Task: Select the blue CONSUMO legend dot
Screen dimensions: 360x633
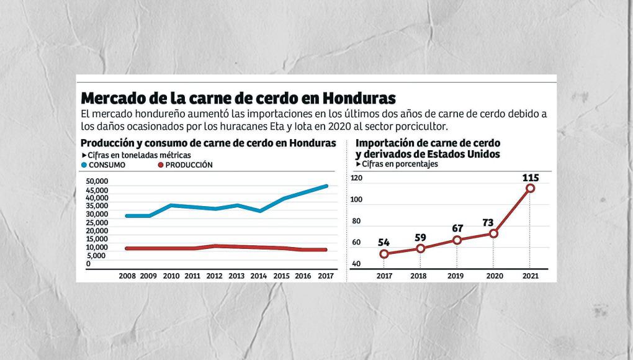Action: point(84,165)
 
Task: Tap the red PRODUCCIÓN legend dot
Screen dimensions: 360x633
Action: point(160,165)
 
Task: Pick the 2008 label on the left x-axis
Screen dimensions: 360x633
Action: point(128,276)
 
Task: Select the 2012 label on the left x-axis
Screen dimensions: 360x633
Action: point(215,276)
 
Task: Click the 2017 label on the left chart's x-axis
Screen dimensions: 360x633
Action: point(325,276)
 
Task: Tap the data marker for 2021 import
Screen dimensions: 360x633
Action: point(530,188)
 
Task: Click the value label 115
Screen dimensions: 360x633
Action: point(530,178)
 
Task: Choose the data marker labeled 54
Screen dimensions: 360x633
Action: point(384,254)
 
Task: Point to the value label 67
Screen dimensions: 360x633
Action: point(457,229)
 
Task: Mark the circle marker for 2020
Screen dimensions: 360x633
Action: point(493,233)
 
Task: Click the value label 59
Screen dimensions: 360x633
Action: point(421,237)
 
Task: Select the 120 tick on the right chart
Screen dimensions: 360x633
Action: point(356,178)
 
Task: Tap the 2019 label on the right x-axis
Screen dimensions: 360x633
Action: point(457,276)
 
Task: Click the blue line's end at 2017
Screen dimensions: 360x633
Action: point(327,186)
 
